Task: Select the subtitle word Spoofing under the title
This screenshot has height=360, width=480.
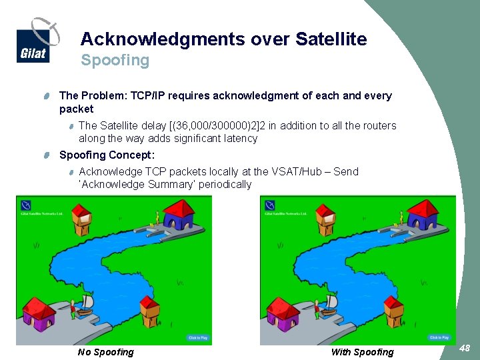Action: (x=115, y=61)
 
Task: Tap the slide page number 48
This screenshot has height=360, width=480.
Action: (x=465, y=347)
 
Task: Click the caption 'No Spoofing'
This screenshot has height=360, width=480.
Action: (x=105, y=352)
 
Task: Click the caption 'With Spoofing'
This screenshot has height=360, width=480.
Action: (x=362, y=352)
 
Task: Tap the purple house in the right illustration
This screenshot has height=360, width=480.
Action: (x=283, y=314)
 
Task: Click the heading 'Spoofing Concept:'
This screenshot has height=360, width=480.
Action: (x=107, y=155)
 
